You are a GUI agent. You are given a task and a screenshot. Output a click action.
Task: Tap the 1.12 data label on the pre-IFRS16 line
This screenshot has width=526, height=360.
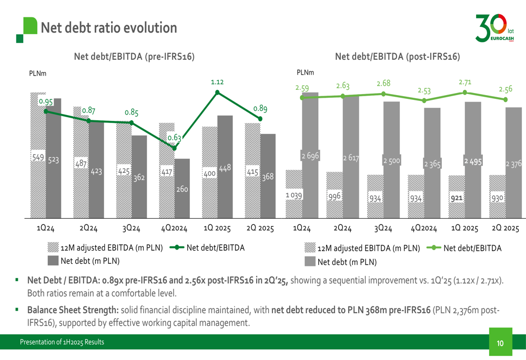point(217,82)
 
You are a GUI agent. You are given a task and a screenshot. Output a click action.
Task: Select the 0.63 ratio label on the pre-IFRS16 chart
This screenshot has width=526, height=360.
point(174,138)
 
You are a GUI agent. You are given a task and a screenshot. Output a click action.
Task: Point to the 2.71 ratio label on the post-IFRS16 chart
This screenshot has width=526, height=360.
point(464,82)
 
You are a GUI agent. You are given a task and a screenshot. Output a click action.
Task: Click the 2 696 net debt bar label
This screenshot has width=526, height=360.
point(310,156)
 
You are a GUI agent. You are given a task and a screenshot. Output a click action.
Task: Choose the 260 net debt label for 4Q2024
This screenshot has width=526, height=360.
point(182,189)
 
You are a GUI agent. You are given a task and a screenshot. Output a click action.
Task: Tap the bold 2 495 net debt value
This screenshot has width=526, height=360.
point(472,160)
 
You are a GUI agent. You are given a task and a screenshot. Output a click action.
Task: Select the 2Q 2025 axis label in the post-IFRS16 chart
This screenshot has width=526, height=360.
point(506,229)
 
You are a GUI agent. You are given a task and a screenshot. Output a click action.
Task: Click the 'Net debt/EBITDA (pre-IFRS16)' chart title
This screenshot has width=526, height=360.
point(134,57)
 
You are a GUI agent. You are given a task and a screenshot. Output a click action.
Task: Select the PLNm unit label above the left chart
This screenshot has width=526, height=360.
point(37,74)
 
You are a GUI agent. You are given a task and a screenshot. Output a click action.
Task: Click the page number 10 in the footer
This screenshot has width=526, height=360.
point(500,343)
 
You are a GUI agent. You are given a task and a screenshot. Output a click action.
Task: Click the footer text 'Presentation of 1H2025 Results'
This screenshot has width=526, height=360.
point(62,343)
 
